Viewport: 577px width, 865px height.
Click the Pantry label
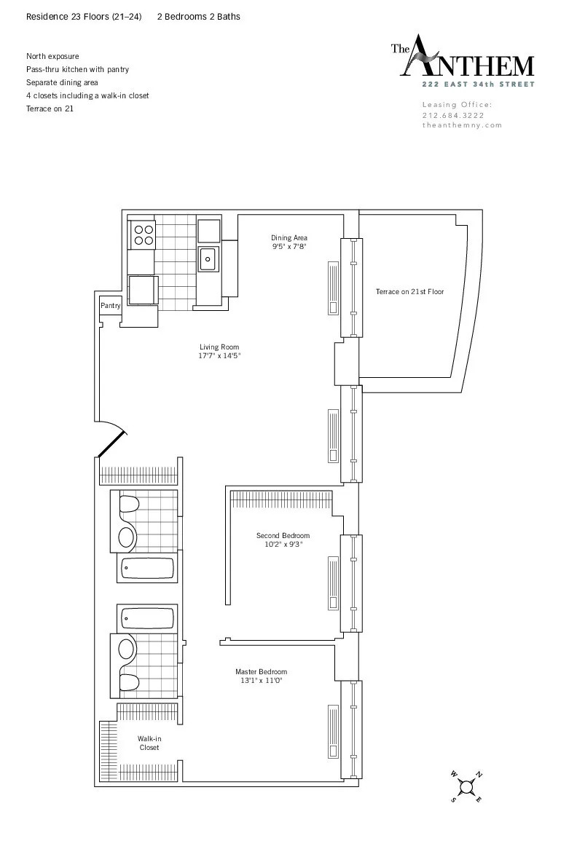coord(110,306)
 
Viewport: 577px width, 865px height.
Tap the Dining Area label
coord(289,238)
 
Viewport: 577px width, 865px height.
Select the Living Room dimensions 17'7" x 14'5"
coord(219,356)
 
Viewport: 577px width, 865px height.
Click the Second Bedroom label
coord(283,536)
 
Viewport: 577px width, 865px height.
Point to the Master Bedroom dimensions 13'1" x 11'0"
coord(261,681)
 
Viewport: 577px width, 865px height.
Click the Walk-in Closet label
coord(149,743)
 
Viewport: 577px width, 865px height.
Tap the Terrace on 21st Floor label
coord(409,291)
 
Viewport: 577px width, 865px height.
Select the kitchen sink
coord(208,258)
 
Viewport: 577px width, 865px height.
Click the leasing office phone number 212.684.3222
coord(453,115)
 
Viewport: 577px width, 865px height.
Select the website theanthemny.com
coord(462,125)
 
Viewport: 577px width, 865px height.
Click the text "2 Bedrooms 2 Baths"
coord(199,17)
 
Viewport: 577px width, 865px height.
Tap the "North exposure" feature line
coord(52,56)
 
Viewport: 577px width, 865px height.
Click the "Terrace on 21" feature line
coord(50,108)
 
